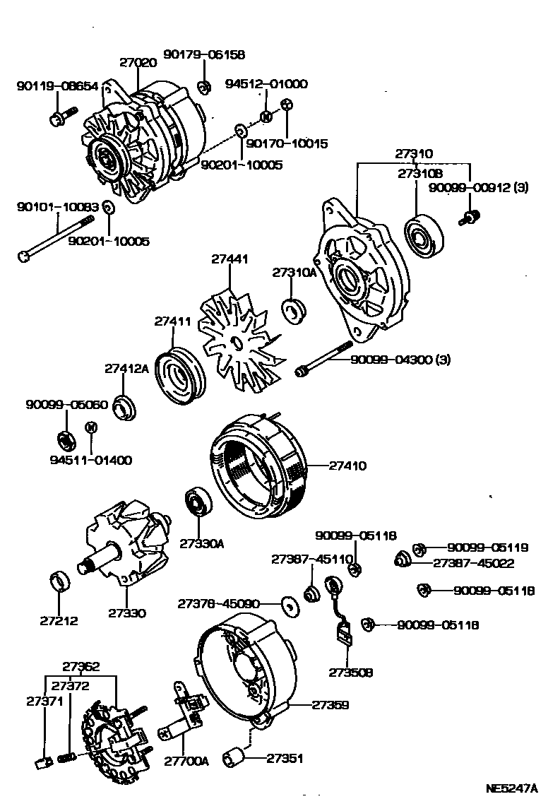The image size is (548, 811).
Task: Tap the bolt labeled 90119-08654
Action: tap(59, 117)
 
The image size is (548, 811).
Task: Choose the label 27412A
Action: tap(126, 368)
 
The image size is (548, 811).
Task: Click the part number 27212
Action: tap(59, 622)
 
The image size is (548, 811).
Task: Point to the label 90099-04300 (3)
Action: tap(398, 360)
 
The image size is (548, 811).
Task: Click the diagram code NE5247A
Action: tap(511, 788)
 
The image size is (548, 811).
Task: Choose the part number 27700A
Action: tap(186, 761)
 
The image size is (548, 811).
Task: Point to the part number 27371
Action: tap(44, 702)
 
